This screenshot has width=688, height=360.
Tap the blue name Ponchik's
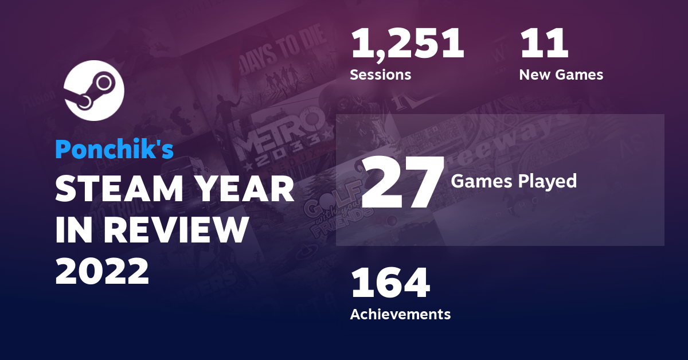tap(114, 149)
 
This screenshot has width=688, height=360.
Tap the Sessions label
tap(380, 75)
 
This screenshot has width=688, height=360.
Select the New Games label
tap(561, 75)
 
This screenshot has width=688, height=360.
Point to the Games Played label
tap(514, 181)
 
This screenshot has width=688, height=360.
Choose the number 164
tap(390, 284)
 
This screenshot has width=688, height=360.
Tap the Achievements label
tap(400, 314)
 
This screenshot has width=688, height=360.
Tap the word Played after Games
tap(548, 181)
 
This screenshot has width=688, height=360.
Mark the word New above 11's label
tap(535, 75)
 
